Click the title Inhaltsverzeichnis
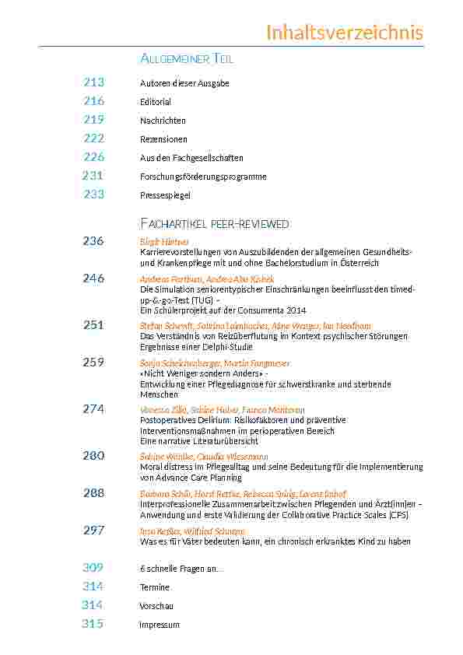tap(344, 33)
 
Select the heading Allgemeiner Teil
tap(187, 59)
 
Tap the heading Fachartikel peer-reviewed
tap(214, 224)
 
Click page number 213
tap(93, 82)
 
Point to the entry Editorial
tap(156, 102)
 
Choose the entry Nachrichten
tap(163, 121)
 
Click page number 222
tap(93, 138)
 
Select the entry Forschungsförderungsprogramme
tap(203, 177)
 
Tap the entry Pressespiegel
tap(165, 195)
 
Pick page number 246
tap(93, 278)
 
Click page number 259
tap(93, 363)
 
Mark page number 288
tap(93, 493)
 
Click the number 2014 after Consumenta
tap(294, 309)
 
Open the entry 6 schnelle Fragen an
tap(181, 569)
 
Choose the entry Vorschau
tap(156, 606)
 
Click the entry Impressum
tap(160, 625)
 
